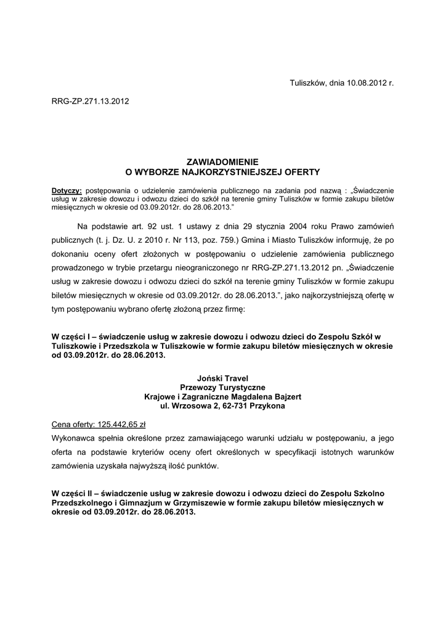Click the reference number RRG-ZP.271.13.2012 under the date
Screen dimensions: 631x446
(x=90, y=100)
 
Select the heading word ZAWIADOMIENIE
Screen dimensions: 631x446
(x=222, y=159)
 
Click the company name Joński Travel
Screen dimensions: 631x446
(x=222, y=378)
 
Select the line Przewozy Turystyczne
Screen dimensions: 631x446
(x=222, y=387)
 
